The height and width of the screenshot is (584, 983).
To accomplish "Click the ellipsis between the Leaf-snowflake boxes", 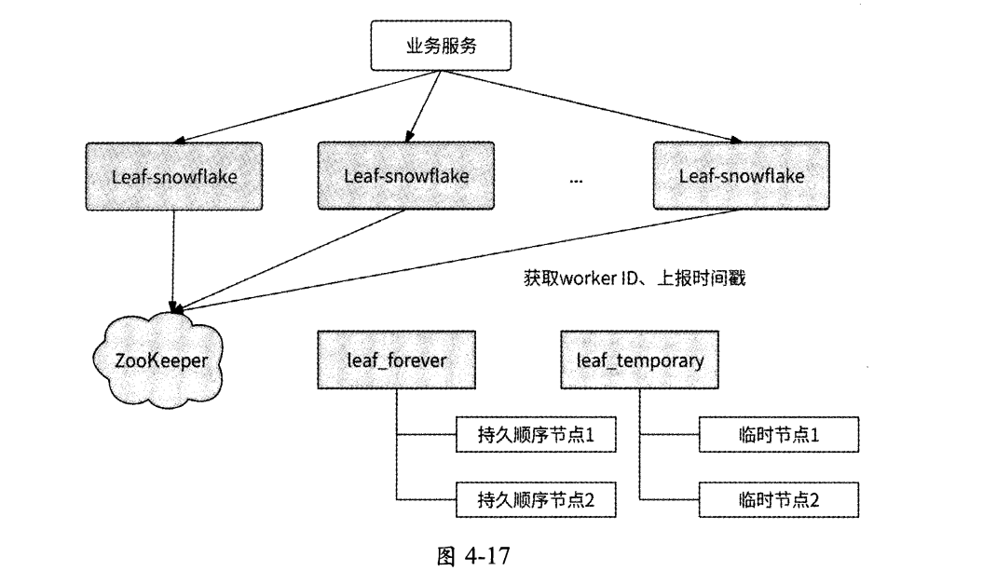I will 575,180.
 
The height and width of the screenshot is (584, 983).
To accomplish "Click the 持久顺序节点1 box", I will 537,435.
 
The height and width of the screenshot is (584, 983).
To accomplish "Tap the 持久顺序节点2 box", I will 537,501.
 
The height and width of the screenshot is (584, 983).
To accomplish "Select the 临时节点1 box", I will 777,435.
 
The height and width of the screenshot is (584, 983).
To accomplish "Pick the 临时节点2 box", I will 777,501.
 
